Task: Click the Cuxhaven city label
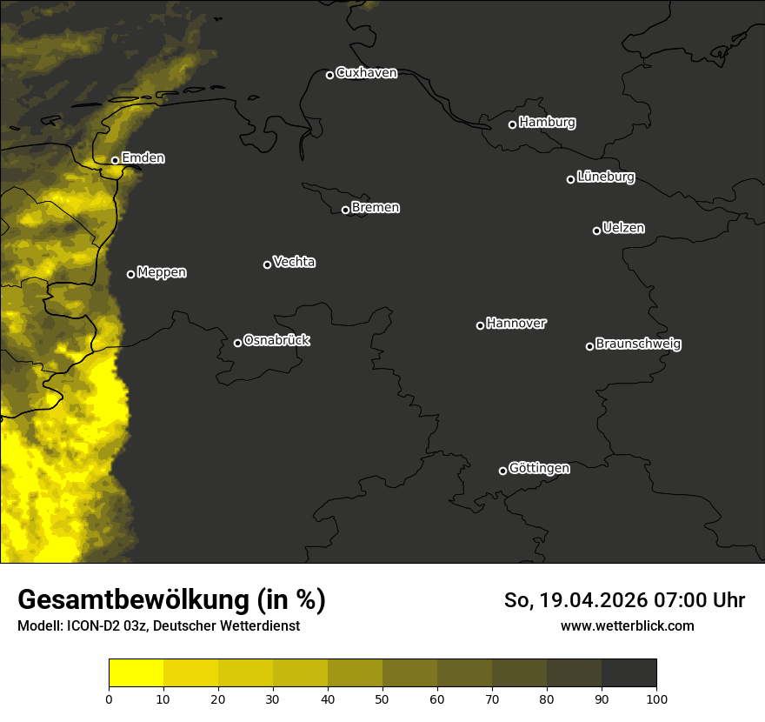coord(366,73)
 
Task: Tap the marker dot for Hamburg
coord(512,124)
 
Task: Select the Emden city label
coord(143,158)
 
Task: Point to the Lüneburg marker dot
coord(570,179)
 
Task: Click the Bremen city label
coord(376,208)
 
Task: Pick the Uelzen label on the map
coord(623,228)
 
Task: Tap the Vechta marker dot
coord(267,264)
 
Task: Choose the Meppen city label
coord(162,272)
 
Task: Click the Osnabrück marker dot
coord(237,343)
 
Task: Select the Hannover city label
coord(516,324)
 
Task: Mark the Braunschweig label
coord(638,344)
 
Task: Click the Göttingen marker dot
coord(502,471)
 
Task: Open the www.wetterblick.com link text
coord(627,625)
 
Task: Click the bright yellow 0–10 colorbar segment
coord(136,673)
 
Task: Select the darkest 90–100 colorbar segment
coord(629,673)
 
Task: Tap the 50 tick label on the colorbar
coord(382,698)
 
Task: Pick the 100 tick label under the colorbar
coord(656,698)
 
